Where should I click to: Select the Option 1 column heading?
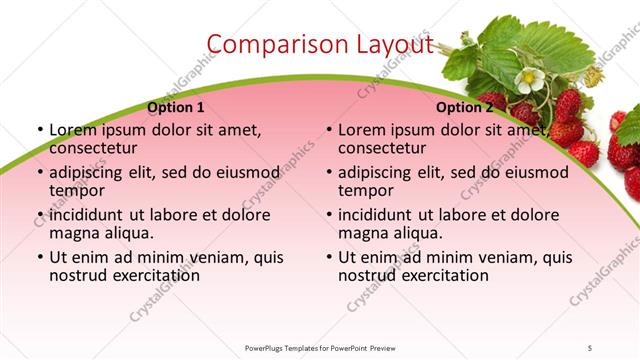(x=175, y=107)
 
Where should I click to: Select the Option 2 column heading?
(x=464, y=107)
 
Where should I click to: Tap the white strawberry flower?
(x=530, y=78)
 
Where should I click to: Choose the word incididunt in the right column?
(x=378, y=215)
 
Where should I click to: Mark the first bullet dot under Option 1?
(x=40, y=131)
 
